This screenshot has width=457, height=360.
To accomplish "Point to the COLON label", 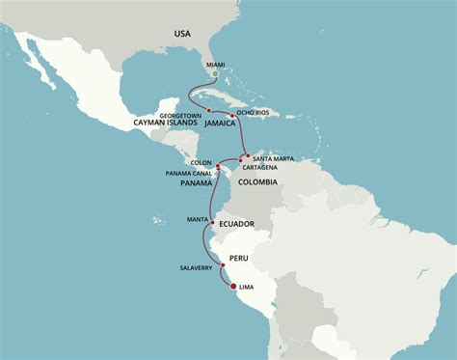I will pyautogui.click(x=202, y=163).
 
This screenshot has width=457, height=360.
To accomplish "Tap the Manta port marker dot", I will pyautogui.click(x=211, y=220).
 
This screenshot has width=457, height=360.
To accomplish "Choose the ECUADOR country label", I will pyautogui.click(x=237, y=224).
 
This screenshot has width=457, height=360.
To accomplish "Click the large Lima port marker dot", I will pyautogui.click(x=231, y=287).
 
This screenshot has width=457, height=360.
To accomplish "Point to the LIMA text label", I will pyautogui.click(x=250, y=288).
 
